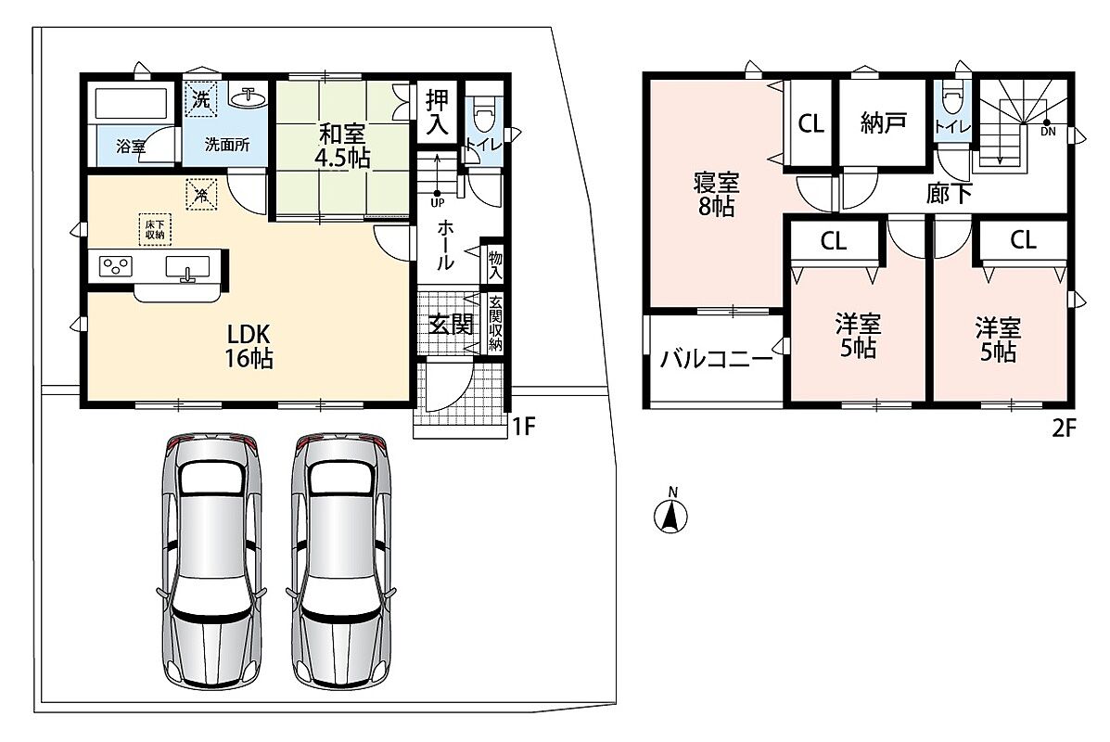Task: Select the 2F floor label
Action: pos(1064,429)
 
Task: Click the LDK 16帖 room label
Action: pos(249,346)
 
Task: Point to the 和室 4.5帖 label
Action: pos(342,145)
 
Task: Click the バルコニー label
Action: pos(716,359)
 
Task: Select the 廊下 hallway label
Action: pos(950,193)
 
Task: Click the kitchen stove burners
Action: pos(116,266)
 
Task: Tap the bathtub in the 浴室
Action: pos(133,103)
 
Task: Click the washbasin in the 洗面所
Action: pos(248,97)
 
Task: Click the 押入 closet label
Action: pos(437,113)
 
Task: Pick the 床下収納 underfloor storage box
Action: pos(154,229)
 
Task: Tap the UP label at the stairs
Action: pos(438,202)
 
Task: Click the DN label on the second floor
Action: pos(1048,132)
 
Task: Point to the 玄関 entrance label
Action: pos(451,325)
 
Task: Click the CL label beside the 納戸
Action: pos(810,124)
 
